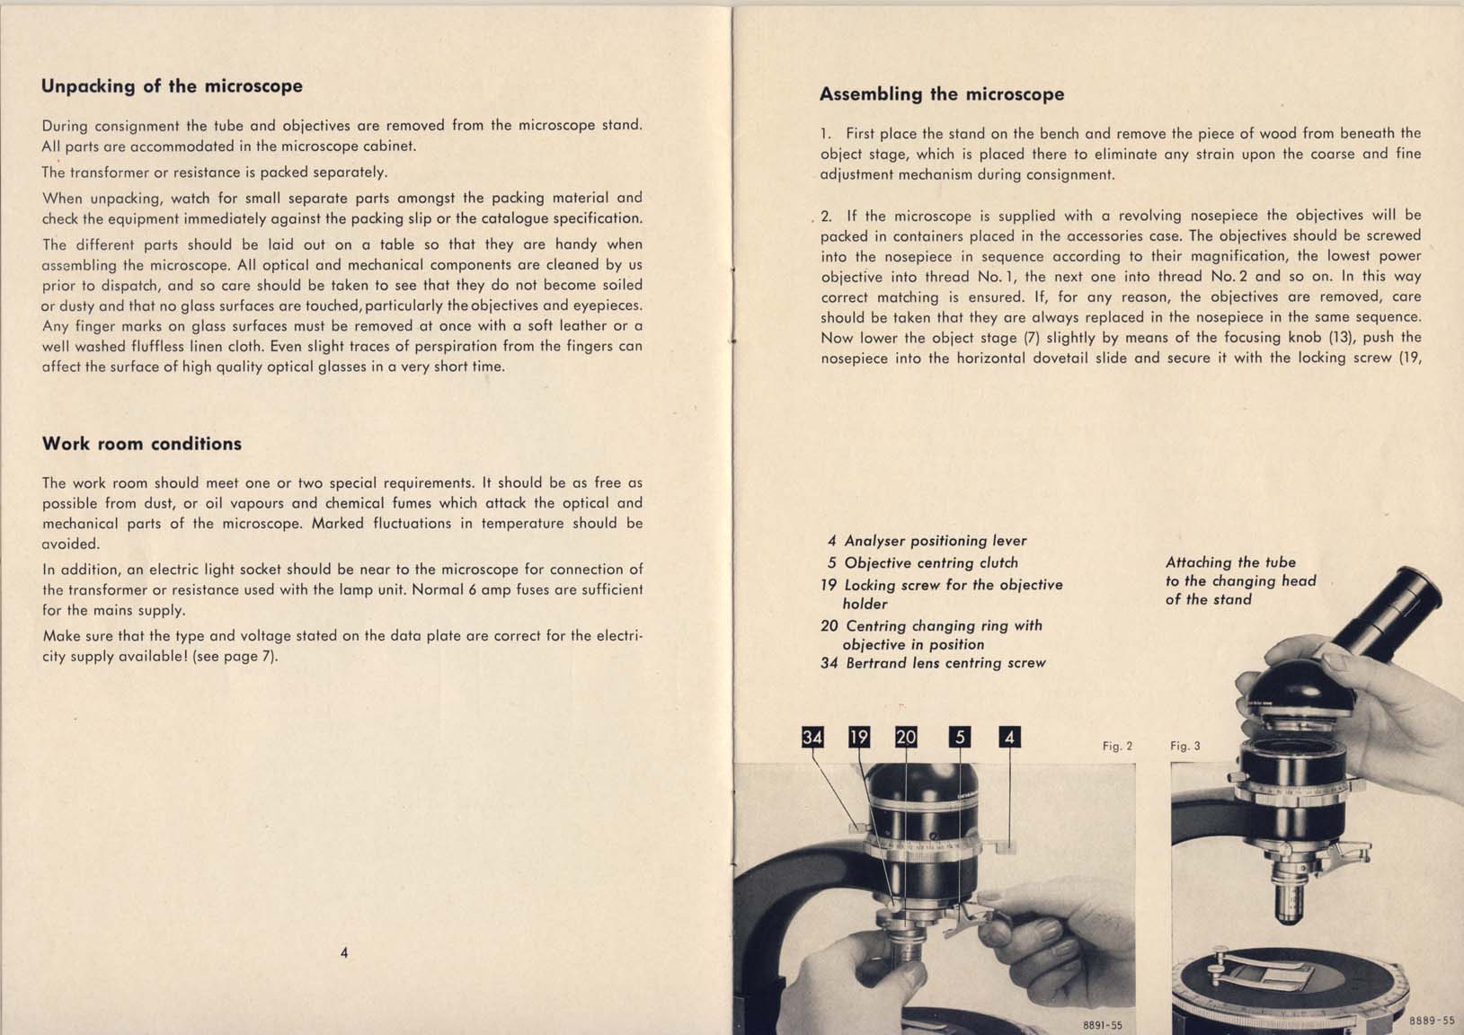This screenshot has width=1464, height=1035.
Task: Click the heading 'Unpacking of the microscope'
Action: tap(172, 86)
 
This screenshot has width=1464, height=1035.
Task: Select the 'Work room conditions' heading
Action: tap(142, 444)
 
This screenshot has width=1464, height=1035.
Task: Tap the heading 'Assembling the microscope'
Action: tap(942, 94)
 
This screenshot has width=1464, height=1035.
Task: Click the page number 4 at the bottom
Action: tap(344, 952)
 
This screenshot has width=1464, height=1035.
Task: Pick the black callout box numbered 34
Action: tap(812, 737)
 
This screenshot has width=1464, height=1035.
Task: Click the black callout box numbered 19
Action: tap(859, 737)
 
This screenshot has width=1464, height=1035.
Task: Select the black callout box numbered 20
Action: tap(906, 737)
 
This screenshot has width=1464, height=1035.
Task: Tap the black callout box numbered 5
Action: tap(960, 737)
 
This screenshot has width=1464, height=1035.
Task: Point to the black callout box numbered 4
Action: tap(1010, 737)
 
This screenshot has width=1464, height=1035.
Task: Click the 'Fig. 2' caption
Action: tap(1117, 747)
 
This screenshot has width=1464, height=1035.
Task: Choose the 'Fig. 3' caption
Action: tap(1185, 747)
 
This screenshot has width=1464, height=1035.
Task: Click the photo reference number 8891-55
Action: tap(1103, 1025)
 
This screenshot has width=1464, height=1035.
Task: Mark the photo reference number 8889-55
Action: tap(1432, 1021)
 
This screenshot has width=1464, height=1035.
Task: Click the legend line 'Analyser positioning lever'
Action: tap(927, 541)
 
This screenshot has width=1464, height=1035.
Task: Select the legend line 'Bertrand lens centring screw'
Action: tap(933, 663)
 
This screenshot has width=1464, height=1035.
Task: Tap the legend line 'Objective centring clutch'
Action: tap(923, 562)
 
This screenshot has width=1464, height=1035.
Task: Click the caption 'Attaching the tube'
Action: tap(1230, 562)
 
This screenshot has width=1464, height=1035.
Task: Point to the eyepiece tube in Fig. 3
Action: tap(1386, 614)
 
